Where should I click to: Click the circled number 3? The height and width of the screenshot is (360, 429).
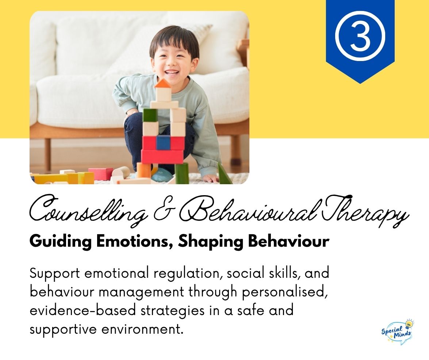pyautogui.click(x=360, y=35)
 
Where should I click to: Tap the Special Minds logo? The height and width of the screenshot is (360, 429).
pyautogui.click(x=397, y=332)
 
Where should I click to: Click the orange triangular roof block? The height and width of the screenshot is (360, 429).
pyautogui.click(x=162, y=84)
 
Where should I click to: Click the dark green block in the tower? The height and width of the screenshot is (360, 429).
pyautogui.click(x=150, y=115)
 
